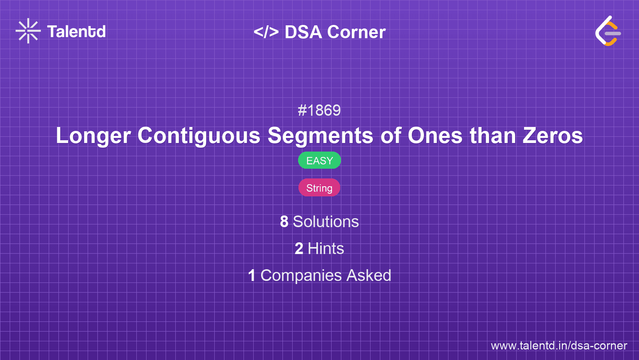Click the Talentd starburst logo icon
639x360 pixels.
[x=28, y=31]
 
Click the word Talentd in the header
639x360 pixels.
[x=76, y=32]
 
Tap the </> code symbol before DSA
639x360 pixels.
[x=266, y=32]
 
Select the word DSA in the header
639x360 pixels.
[x=303, y=32]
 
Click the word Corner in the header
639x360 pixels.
[x=357, y=32]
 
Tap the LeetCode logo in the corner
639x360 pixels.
[x=608, y=31]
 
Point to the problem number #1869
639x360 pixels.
[x=319, y=111]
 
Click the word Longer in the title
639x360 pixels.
[x=93, y=136]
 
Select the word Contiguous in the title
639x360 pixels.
[x=199, y=136]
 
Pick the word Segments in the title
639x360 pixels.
[x=320, y=136]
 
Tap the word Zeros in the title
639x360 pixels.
[x=553, y=136]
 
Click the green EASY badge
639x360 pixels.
[x=319, y=161]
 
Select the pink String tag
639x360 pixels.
[x=319, y=188]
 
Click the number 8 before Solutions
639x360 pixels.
[x=284, y=222]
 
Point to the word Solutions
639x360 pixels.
[x=326, y=222]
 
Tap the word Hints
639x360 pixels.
[x=326, y=249]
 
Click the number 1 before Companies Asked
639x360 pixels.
[x=252, y=275]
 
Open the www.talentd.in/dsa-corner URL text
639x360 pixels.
[x=559, y=346]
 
